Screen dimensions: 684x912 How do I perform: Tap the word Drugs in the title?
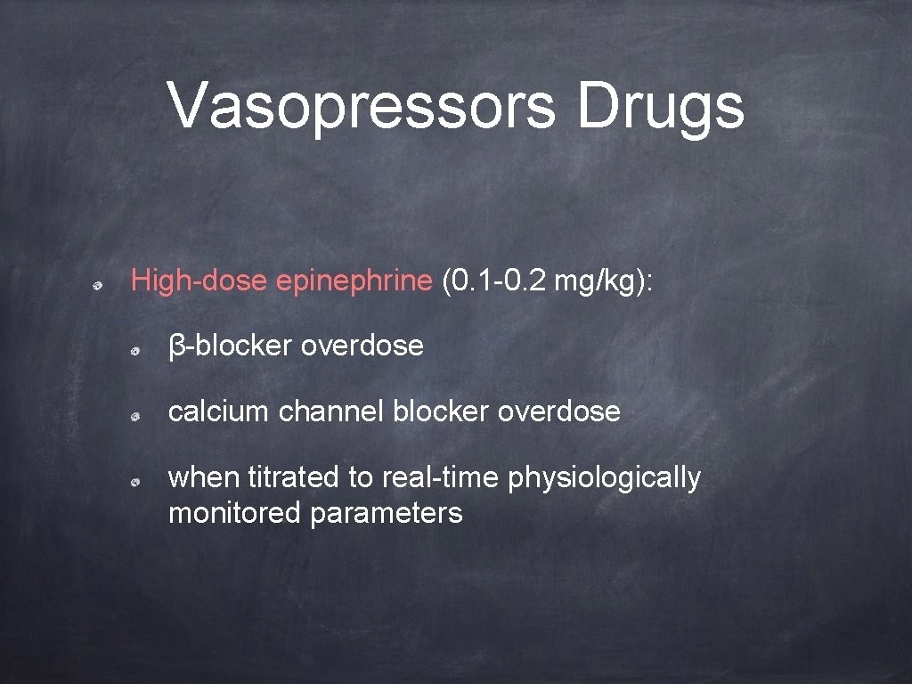pos(660,106)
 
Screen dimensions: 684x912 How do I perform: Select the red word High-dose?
pos(199,281)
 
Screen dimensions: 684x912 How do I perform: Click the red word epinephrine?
pos(354,281)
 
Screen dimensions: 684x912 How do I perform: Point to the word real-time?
pos(441,478)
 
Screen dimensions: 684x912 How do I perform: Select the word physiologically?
pos(605,478)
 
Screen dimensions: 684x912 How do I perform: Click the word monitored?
pos(235,513)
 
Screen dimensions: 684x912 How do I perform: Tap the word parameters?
pos(387,513)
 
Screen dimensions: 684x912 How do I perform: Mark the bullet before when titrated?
pos(132,483)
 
